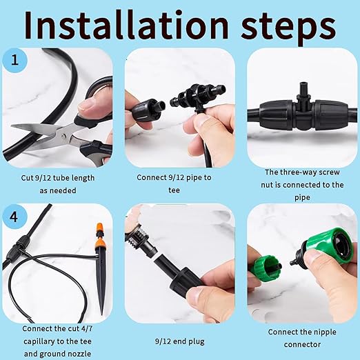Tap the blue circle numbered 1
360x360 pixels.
(15, 60)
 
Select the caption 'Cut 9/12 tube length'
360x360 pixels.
(59, 179)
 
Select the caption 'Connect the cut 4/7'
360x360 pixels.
(59, 329)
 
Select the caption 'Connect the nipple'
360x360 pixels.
(304, 332)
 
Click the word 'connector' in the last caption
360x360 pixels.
(304, 345)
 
